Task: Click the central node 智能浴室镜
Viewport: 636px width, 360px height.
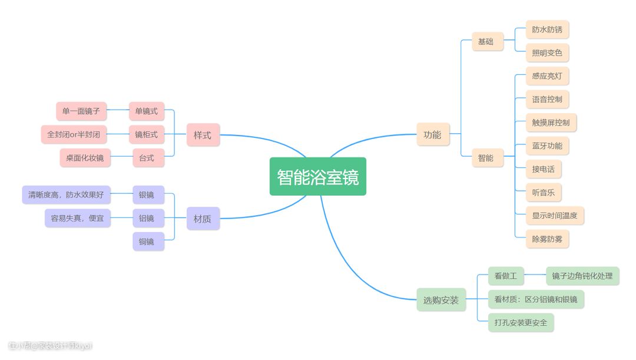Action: pyautogui.click(x=318, y=177)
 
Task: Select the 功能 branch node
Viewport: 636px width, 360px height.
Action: pyautogui.click(x=432, y=134)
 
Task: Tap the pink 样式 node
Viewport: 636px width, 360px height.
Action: pyautogui.click(x=203, y=135)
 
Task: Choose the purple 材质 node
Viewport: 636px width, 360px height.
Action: pyautogui.click(x=203, y=219)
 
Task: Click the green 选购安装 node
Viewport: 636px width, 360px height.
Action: pyautogui.click(x=441, y=300)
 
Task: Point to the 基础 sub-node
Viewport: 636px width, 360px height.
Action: pyautogui.click(x=486, y=42)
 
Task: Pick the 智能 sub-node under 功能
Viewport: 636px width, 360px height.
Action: pyautogui.click(x=486, y=158)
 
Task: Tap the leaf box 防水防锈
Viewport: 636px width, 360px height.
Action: pyautogui.click(x=547, y=29)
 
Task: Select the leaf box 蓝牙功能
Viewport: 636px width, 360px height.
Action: pyautogui.click(x=547, y=146)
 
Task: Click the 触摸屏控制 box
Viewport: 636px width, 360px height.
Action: pyautogui.click(x=551, y=123)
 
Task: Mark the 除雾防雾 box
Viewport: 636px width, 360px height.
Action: pyautogui.click(x=547, y=239)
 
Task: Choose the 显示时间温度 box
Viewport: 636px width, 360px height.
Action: pyautogui.click(x=554, y=216)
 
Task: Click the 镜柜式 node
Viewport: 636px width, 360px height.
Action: pyautogui.click(x=147, y=134)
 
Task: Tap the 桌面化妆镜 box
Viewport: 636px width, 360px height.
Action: pyautogui.click(x=85, y=158)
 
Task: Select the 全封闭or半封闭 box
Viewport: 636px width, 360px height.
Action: pyautogui.click(x=74, y=134)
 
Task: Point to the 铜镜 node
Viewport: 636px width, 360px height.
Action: pyautogui.click(x=147, y=242)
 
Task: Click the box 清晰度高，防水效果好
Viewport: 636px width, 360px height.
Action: pyautogui.click(x=66, y=195)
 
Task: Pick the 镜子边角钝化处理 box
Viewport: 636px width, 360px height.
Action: pyautogui.click(x=582, y=276)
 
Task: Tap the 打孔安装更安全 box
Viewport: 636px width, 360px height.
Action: pyautogui.click(x=521, y=323)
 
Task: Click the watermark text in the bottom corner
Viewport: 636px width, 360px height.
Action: pyautogui.click(x=51, y=346)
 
